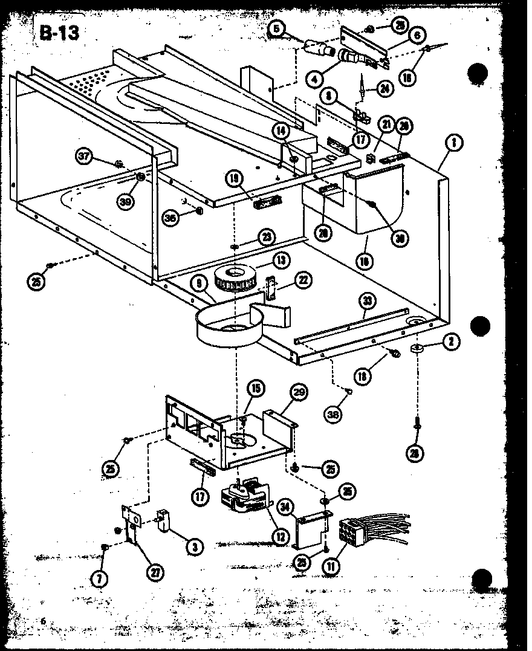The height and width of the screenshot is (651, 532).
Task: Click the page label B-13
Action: point(59,32)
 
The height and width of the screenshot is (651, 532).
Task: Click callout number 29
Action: point(298,393)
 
